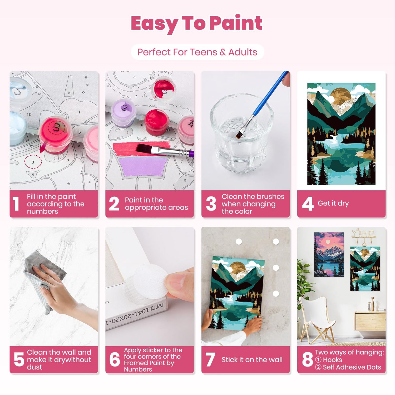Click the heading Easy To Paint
[196, 24]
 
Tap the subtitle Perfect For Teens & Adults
[197, 52]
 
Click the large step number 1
[16, 204]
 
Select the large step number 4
[308, 204]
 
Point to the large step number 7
[210, 359]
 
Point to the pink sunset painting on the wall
[329, 254]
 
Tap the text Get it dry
[333, 203]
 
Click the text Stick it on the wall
[252, 360]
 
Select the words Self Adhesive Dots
[352, 367]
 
